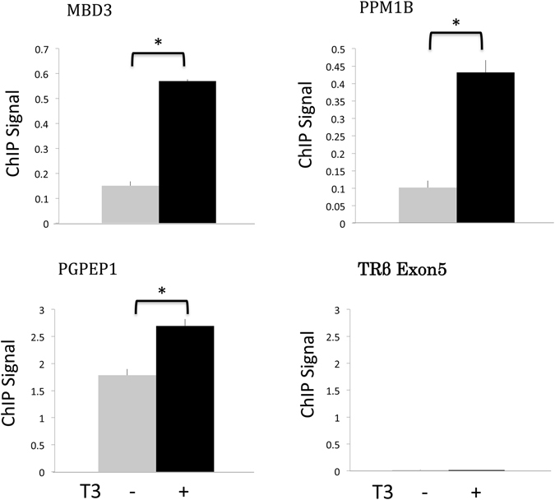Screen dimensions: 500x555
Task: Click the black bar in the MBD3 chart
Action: (x=187, y=152)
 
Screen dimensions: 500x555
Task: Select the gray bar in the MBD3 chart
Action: (x=130, y=204)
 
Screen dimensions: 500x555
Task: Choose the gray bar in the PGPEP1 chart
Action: (x=127, y=424)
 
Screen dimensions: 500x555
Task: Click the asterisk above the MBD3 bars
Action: (x=158, y=42)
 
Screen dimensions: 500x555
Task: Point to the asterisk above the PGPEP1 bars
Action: (x=161, y=292)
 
